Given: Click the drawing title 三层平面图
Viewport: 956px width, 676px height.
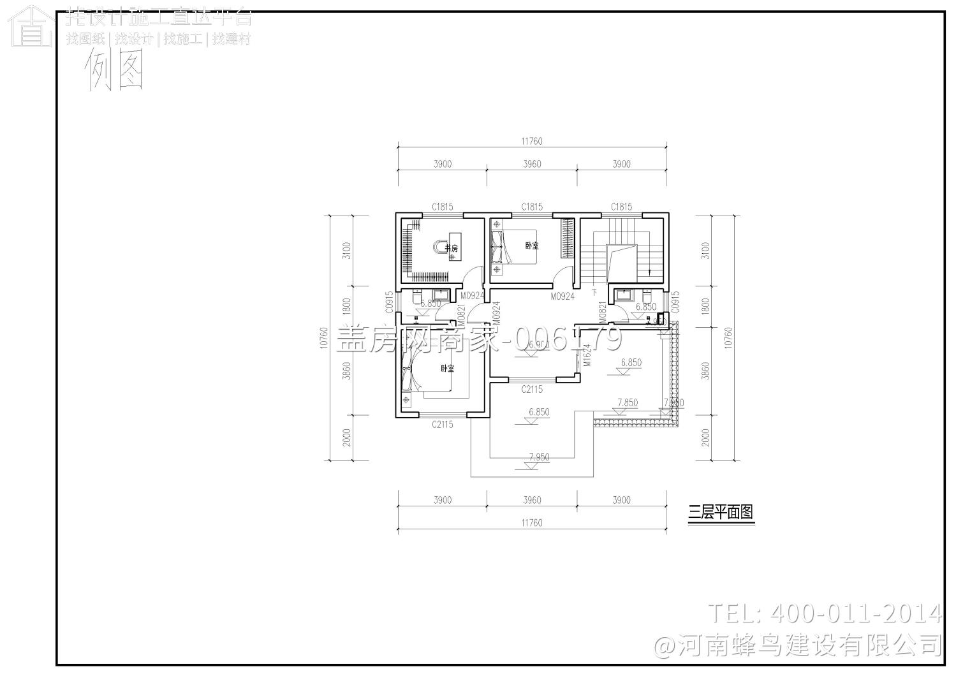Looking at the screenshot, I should [x=721, y=512].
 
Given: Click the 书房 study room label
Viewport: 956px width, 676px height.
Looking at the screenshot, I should [x=452, y=248].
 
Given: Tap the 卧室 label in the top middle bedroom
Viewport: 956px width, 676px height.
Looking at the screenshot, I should [x=532, y=245].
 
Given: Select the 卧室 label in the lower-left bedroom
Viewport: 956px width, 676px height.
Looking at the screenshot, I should [x=447, y=369].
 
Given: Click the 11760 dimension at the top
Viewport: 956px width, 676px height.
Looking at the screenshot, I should [x=531, y=141].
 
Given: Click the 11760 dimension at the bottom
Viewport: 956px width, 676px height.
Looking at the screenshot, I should [x=531, y=523].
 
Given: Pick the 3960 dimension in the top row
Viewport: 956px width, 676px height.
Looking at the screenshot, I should [x=532, y=164].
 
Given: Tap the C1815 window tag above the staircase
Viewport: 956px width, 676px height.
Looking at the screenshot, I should [x=621, y=206].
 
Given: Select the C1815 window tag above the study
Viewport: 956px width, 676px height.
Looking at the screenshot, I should [x=442, y=206].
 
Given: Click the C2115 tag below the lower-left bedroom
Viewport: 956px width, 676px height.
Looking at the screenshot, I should [x=442, y=424].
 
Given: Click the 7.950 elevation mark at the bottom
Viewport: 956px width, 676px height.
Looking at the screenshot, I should [x=539, y=457].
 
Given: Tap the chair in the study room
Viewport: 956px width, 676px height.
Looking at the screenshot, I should [x=439, y=247].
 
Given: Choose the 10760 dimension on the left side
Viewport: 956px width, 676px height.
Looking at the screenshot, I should [x=323, y=338].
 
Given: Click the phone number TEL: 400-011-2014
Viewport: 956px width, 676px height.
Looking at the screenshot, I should [x=825, y=613].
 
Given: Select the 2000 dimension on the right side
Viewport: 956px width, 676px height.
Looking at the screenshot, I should [x=705, y=437].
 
